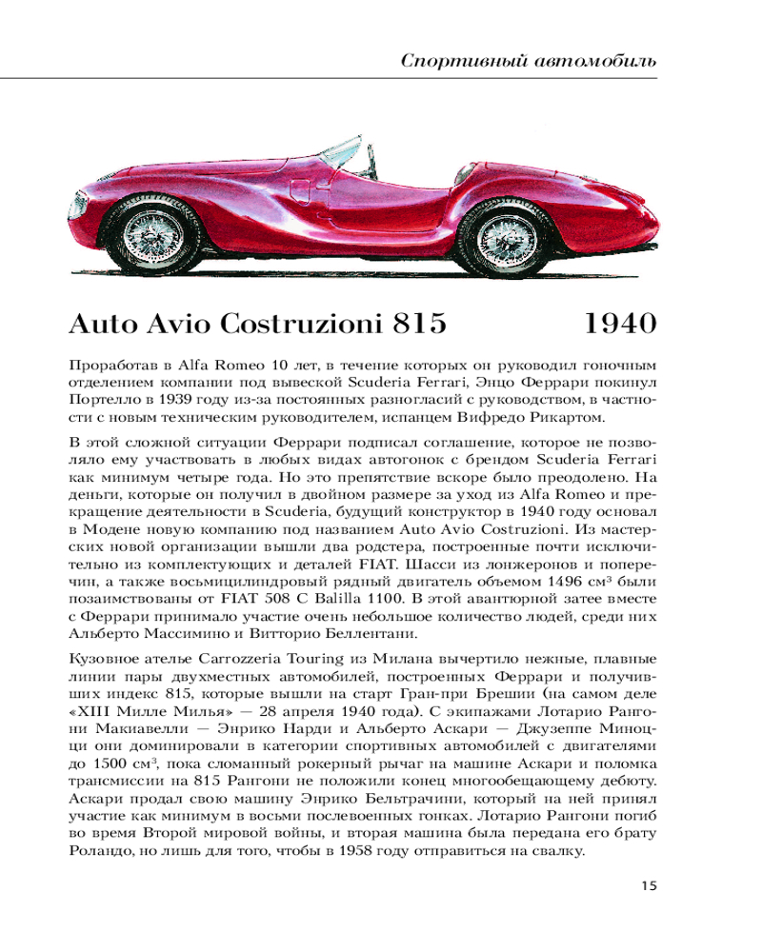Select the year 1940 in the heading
(x=619, y=325)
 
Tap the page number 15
(x=649, y=886)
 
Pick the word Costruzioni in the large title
(x=302, y=325)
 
